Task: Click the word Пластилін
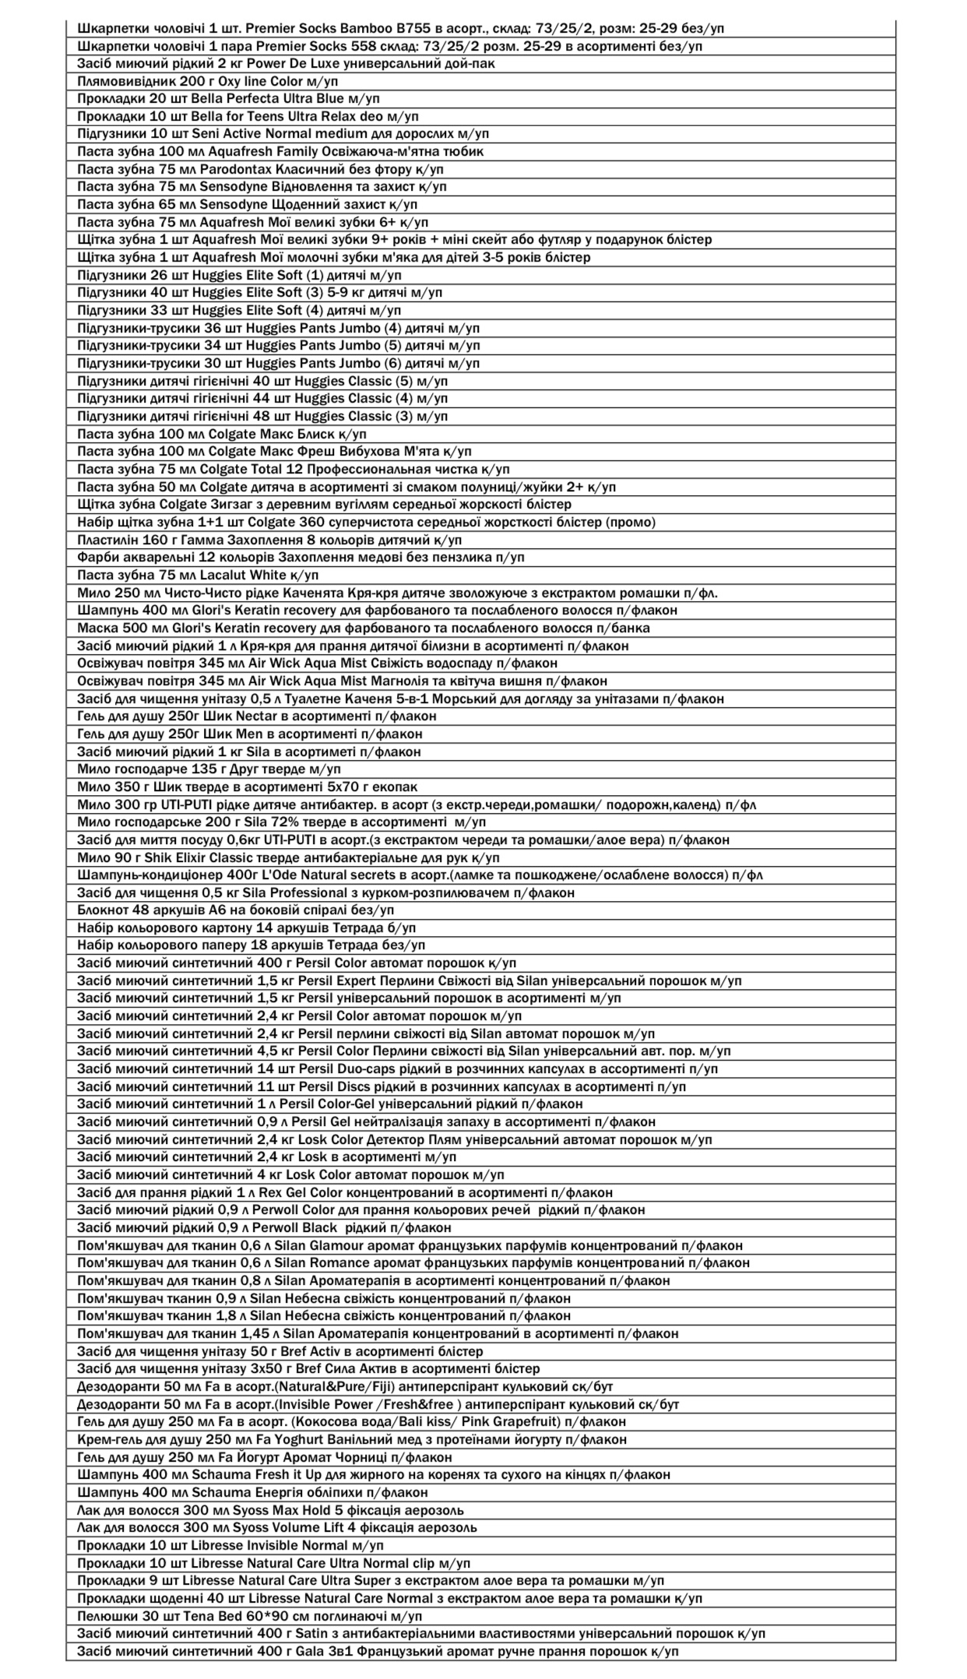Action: (107, 540)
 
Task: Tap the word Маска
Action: (96, 628)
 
